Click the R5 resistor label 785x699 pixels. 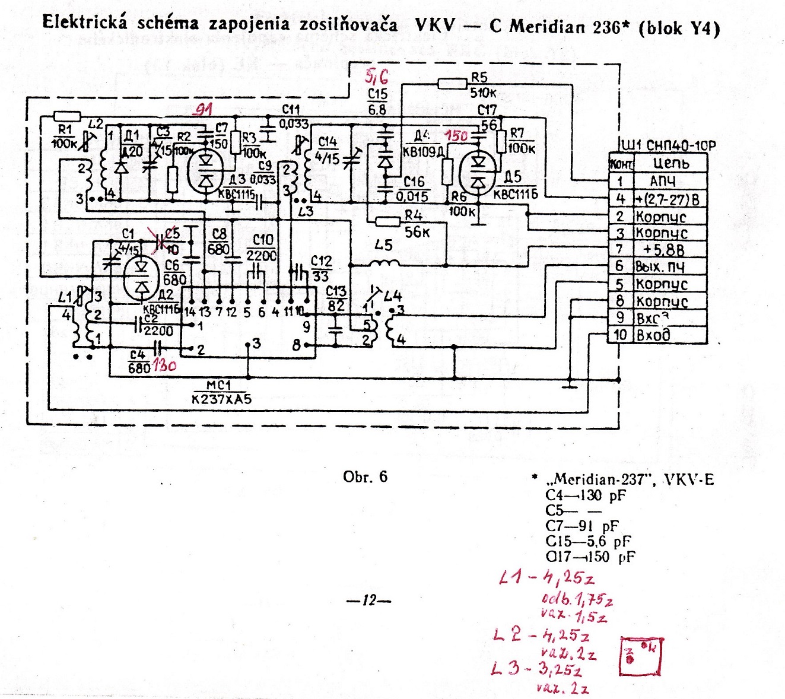[479, 77]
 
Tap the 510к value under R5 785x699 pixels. [483, 93]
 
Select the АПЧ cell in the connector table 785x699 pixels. [663, 182]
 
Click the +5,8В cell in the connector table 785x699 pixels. [667, 250]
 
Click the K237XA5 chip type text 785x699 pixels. [222, 399]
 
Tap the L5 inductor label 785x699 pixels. [384, 245]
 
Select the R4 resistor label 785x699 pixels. [414, 215]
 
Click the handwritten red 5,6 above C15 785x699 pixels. [378, 77]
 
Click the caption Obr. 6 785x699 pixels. [365, 477]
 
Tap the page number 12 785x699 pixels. [369, 601]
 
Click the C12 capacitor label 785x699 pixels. [322, 262]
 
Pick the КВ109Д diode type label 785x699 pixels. [423, 152]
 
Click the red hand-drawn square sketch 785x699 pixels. [641, 656]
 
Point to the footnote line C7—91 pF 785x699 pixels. [581, 526]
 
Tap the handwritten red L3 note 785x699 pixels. [537, 671]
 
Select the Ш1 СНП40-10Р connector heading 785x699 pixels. [668, 145]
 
